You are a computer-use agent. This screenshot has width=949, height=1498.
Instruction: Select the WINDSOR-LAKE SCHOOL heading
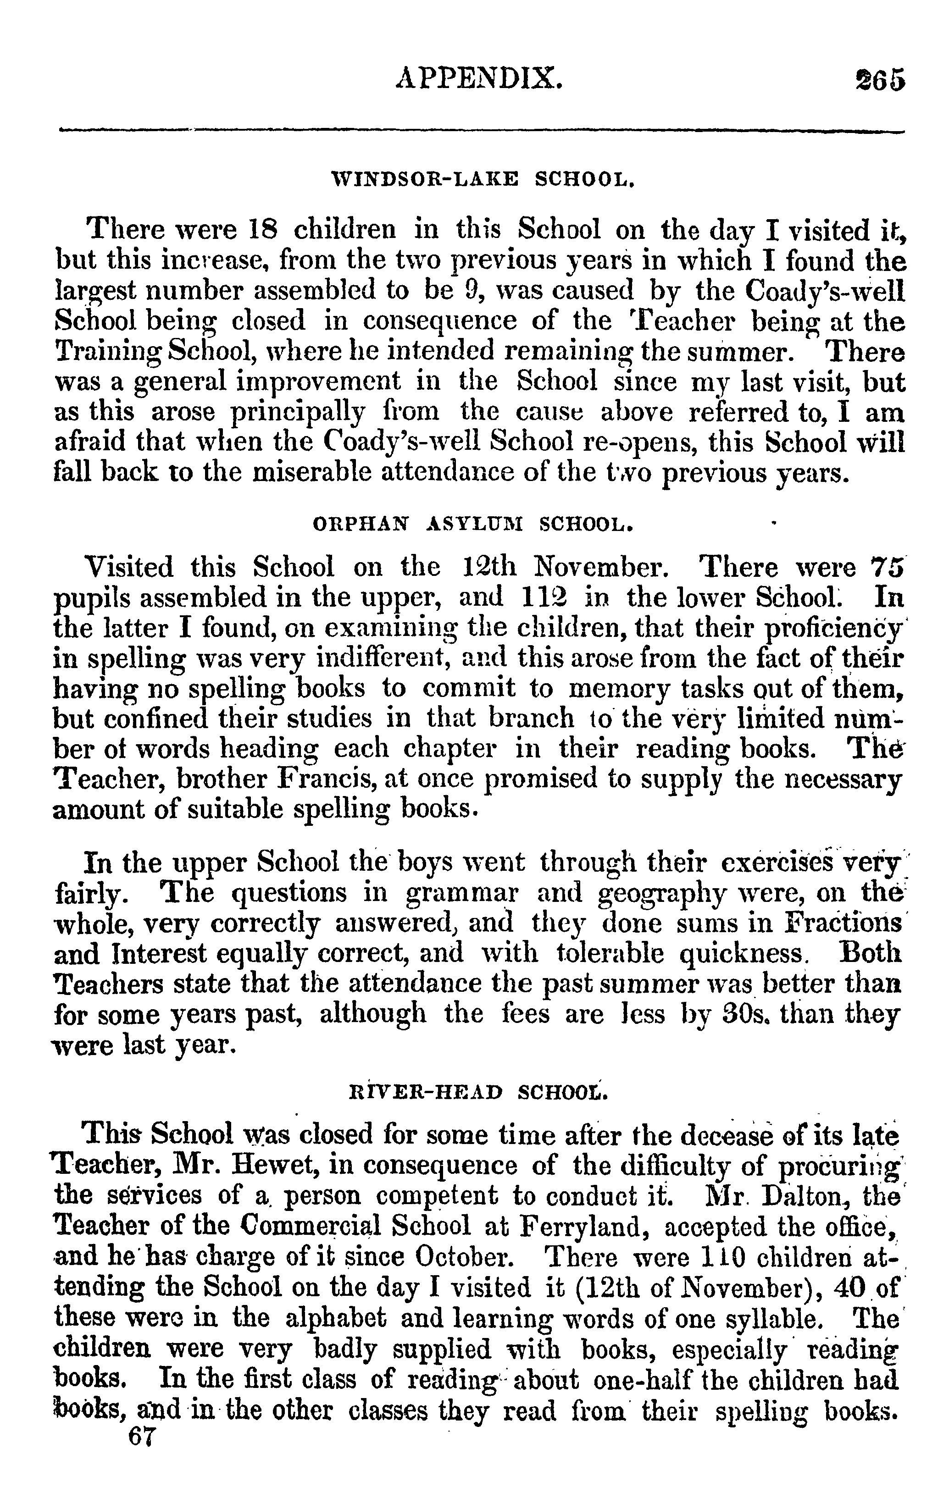click(x=483, y=182)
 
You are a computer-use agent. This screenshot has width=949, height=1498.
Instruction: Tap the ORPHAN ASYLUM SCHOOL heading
click(x=472, y=525)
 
